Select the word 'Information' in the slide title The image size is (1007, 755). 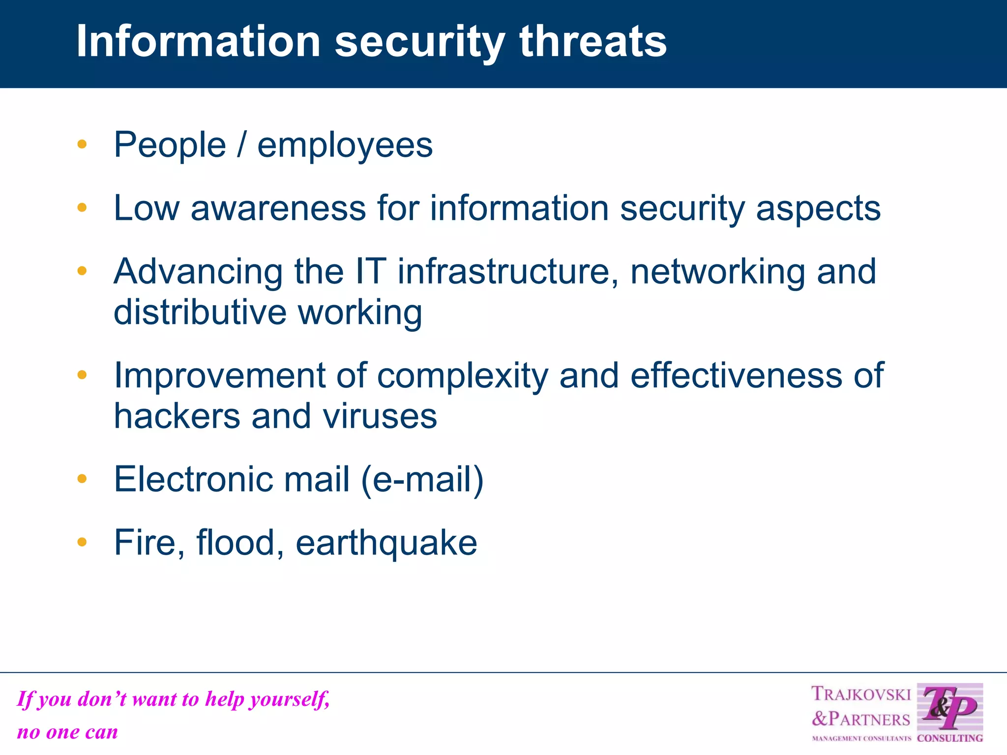tap(199, 41)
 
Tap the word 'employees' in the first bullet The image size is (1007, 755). tap(345, 146)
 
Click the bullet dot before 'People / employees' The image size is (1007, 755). tap(82, 145)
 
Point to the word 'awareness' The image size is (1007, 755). tap(278, 208)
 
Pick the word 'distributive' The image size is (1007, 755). tap(200, 313)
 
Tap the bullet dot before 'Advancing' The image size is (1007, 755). tap(82, 270)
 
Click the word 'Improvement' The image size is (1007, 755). tap(220, 376)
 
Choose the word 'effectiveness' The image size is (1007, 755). tap(736, 376)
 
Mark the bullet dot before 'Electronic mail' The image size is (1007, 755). tap(82, 478)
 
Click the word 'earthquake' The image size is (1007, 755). tap(386, 544)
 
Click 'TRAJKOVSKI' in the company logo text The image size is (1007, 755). tap(861, 694)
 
